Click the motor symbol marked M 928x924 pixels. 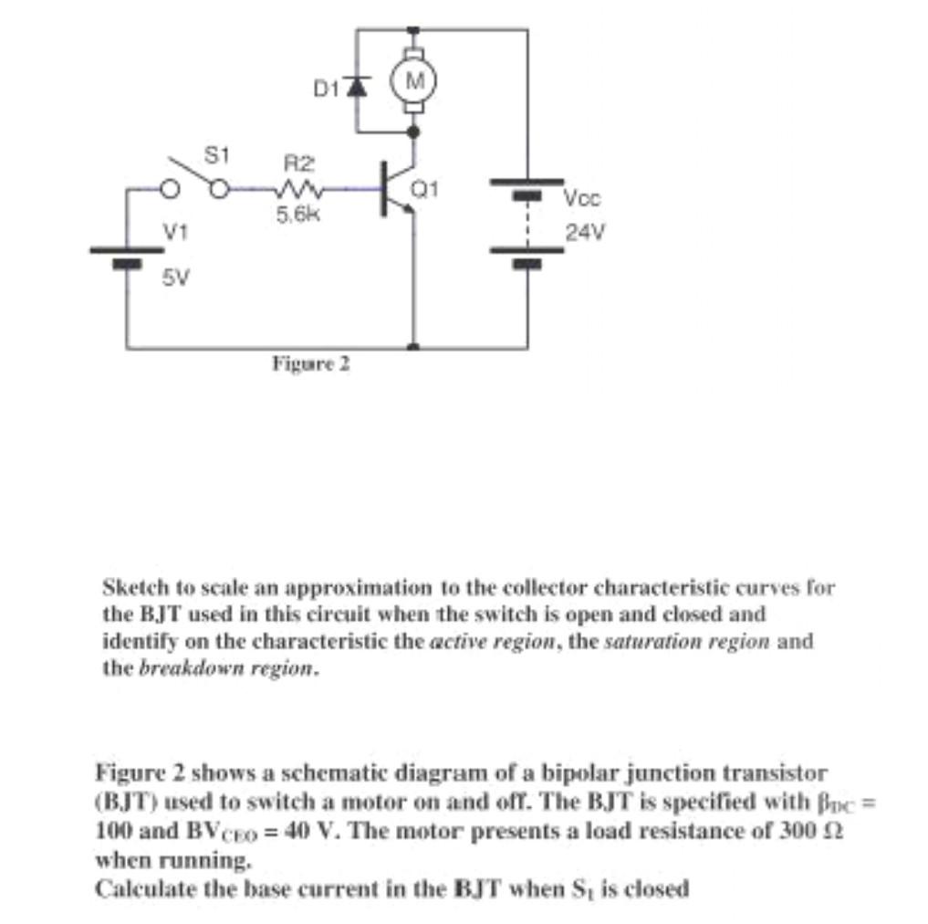(x=414, y=79)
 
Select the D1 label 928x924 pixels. (x=326, y=89)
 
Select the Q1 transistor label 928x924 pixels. (x=427, y=191)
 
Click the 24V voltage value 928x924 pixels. (x=584, y=232)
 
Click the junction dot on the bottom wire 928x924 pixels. (x=414, y=348)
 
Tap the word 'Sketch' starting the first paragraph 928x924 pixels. (x=131, y=585)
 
